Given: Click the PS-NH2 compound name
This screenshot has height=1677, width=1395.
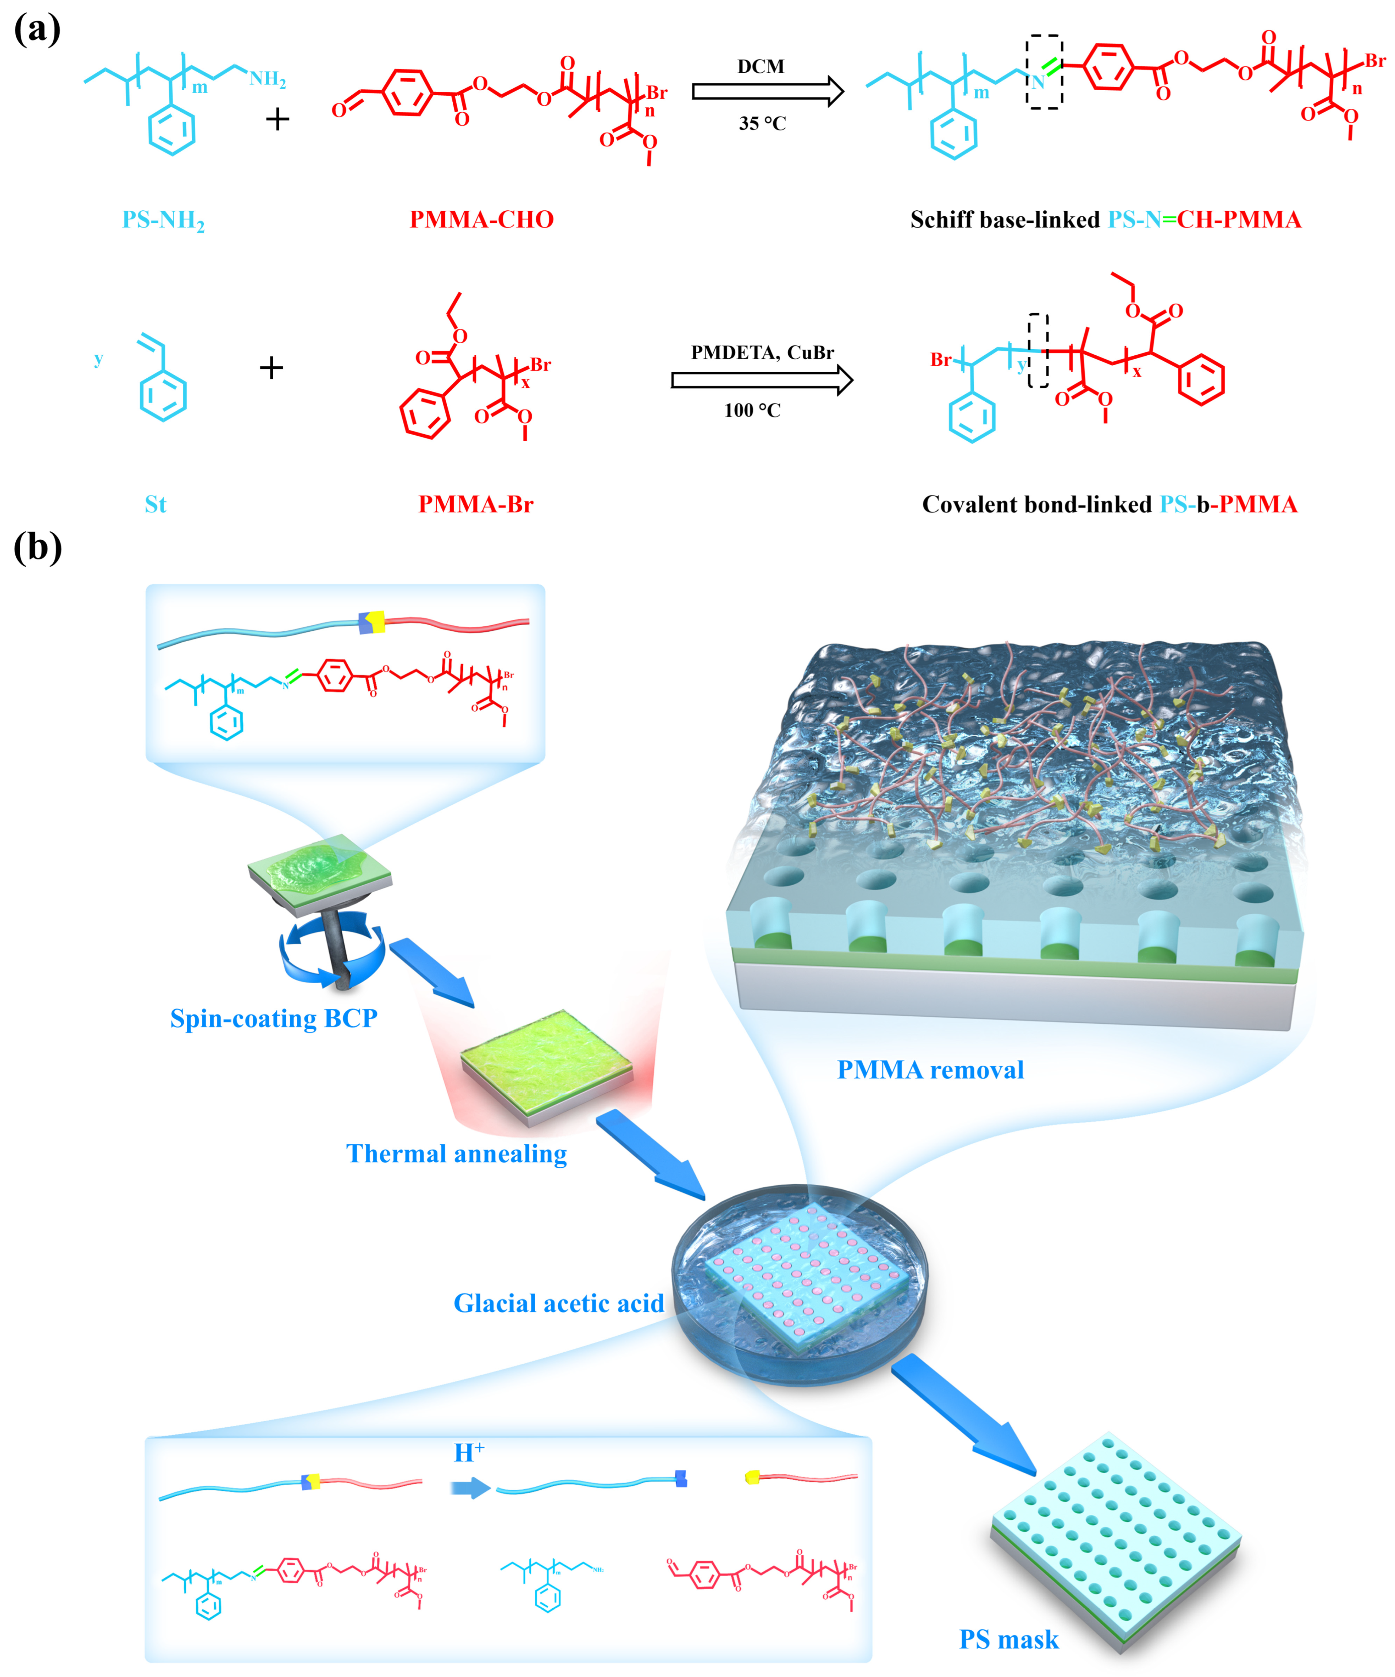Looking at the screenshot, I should [x=163, y=221].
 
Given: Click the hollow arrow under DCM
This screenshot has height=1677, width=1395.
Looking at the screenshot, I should [x=767, y=92].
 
